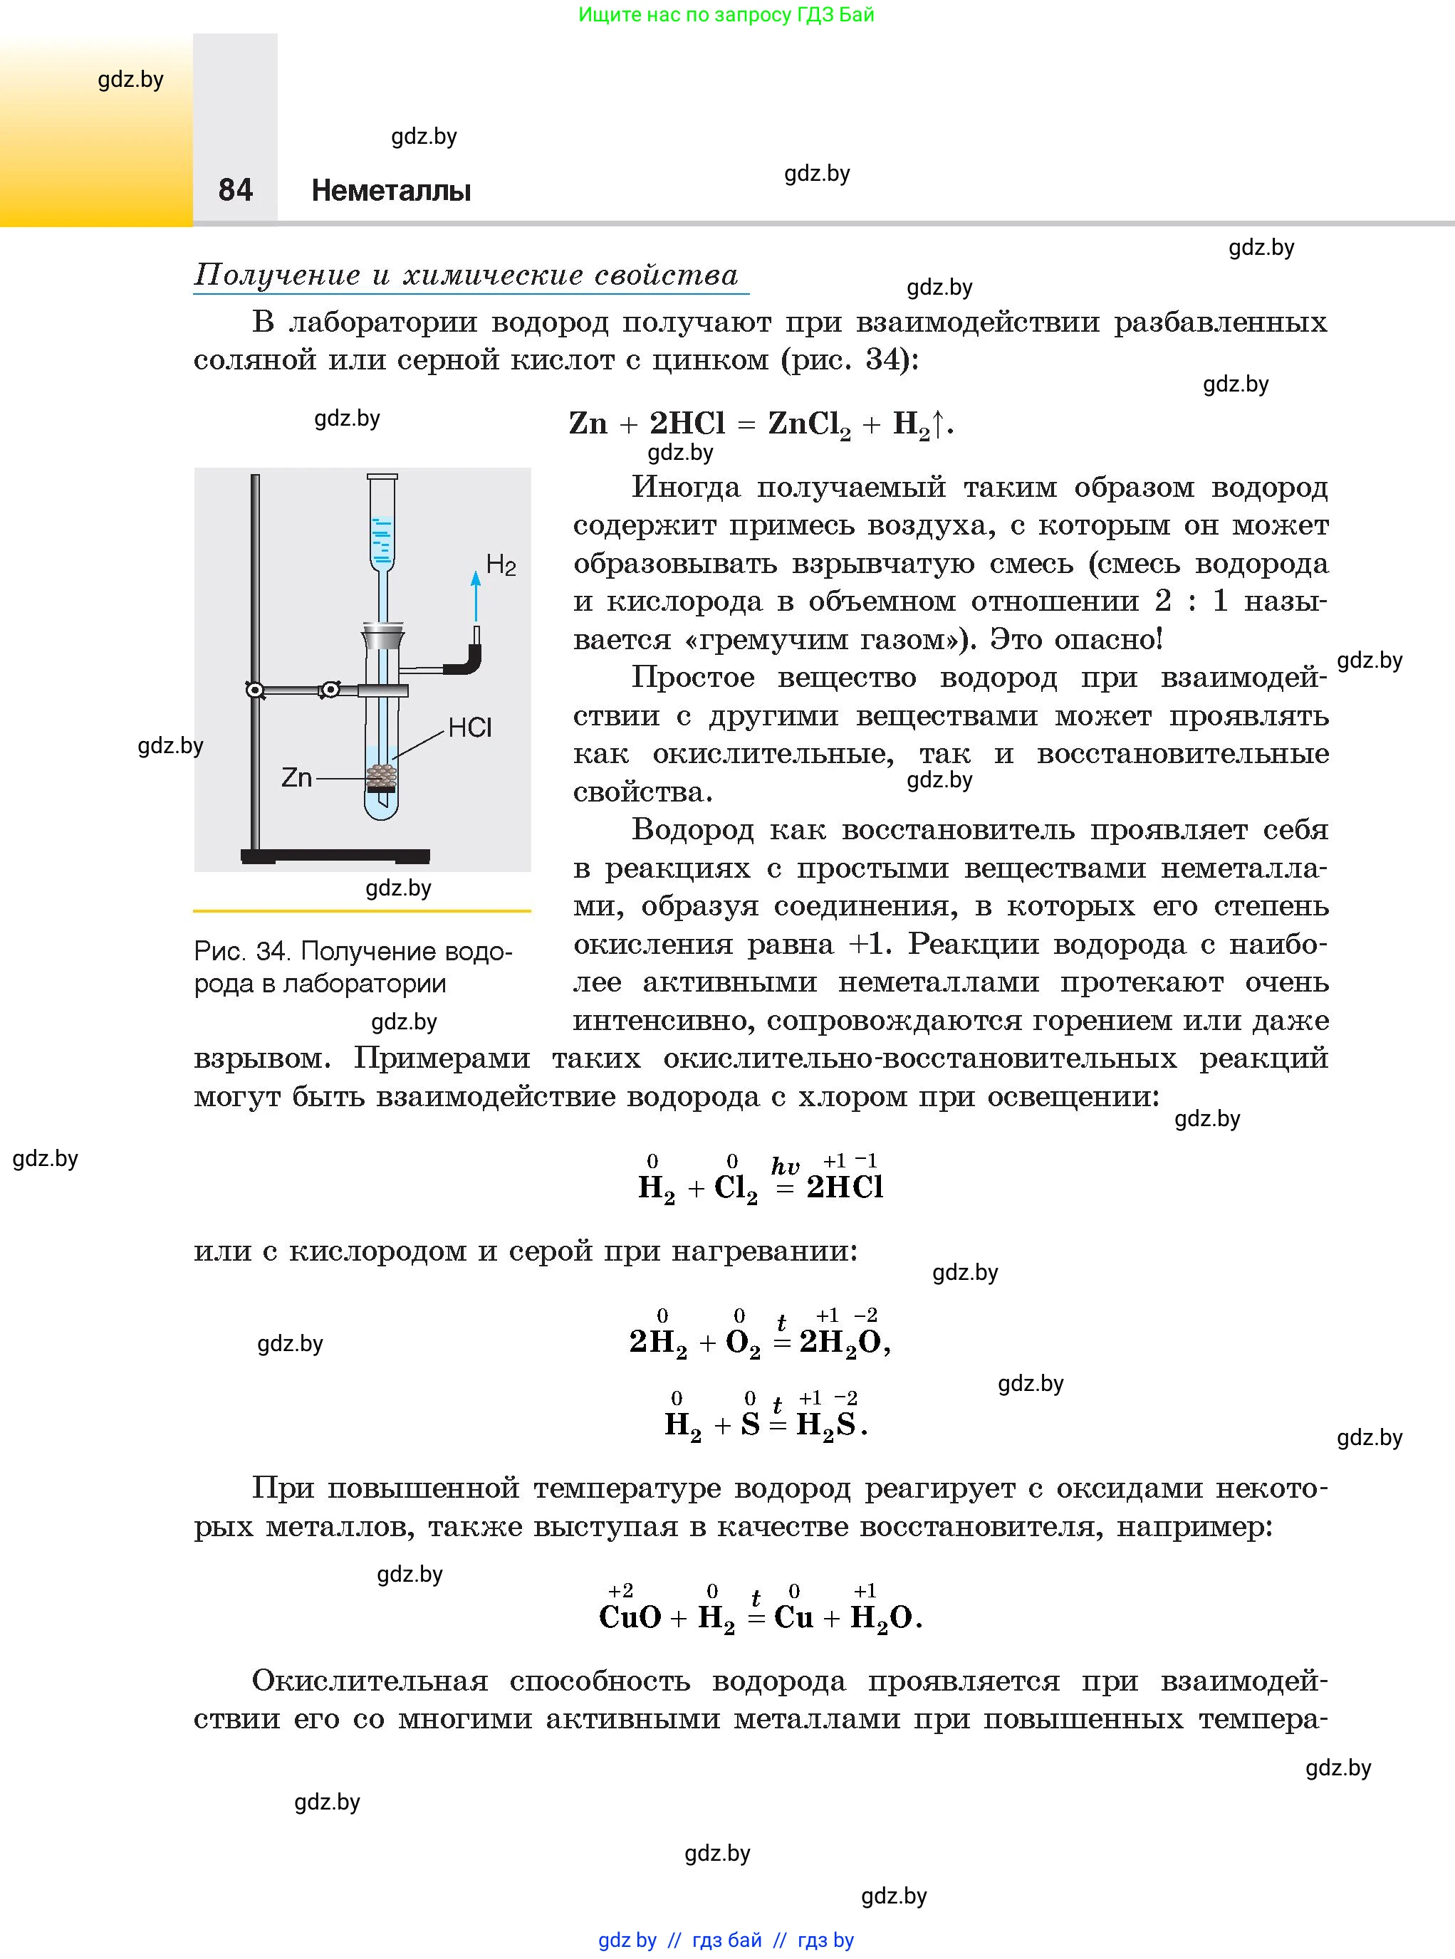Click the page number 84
235,190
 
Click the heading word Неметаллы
391,190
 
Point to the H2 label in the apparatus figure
500,565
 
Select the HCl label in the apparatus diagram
469,728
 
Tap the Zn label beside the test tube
297,777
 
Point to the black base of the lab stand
335,856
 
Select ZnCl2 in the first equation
808,425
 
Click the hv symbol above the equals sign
785,1167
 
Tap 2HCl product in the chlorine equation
845,1188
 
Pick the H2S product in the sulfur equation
826,1424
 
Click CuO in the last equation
630,1617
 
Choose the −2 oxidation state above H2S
845,1398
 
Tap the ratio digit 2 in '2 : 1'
1162,602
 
